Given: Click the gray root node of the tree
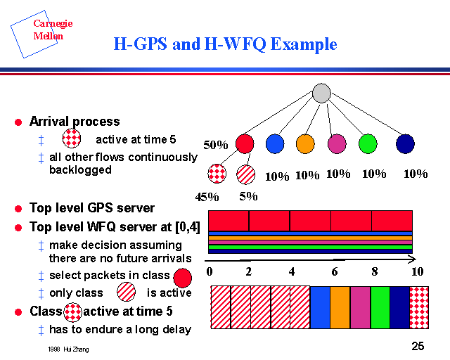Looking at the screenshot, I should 321,93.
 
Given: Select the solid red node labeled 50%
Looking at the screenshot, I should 245,143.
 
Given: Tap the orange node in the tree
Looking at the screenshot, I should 305,143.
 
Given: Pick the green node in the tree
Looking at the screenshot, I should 367,143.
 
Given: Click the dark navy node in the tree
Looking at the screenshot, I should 405,143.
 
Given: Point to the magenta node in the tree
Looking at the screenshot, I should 337,143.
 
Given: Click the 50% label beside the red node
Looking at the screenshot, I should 216,146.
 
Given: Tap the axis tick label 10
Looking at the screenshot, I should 418,271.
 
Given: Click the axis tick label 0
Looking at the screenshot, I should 210,271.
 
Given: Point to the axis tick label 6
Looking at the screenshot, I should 335,271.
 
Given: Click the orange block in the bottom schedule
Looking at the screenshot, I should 340,307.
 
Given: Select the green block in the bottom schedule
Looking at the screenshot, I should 380,307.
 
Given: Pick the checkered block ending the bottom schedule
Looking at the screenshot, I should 420,307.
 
